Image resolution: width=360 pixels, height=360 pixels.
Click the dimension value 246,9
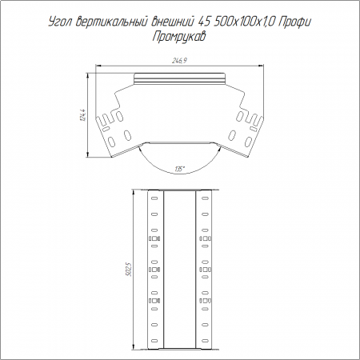pos(179,61)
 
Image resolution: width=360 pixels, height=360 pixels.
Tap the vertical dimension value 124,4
pos(83,114)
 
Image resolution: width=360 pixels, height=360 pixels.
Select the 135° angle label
pos(180,169)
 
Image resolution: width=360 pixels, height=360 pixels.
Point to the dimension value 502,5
pos(130,270)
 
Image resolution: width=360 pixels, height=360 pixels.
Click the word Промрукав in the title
pos(179,37)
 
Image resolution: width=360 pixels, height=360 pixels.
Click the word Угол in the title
pos(60,22)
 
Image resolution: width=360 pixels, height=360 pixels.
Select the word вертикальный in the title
pos(111,22)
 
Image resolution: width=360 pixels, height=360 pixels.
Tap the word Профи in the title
pos(294,22)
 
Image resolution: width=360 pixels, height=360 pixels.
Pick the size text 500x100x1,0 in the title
pos(243,22)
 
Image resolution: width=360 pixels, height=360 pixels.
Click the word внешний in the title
pos(172,22)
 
